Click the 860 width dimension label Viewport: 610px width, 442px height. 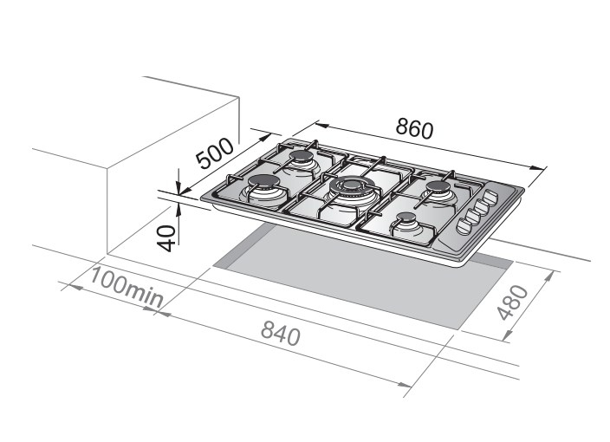(x=414, y=128)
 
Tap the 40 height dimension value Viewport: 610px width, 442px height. (x=166, y=238)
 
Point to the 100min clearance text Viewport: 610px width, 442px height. (x=127, y=286)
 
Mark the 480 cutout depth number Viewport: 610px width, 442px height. (x=513, y=302)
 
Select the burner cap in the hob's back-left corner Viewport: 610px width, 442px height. (x=302, y=156)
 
